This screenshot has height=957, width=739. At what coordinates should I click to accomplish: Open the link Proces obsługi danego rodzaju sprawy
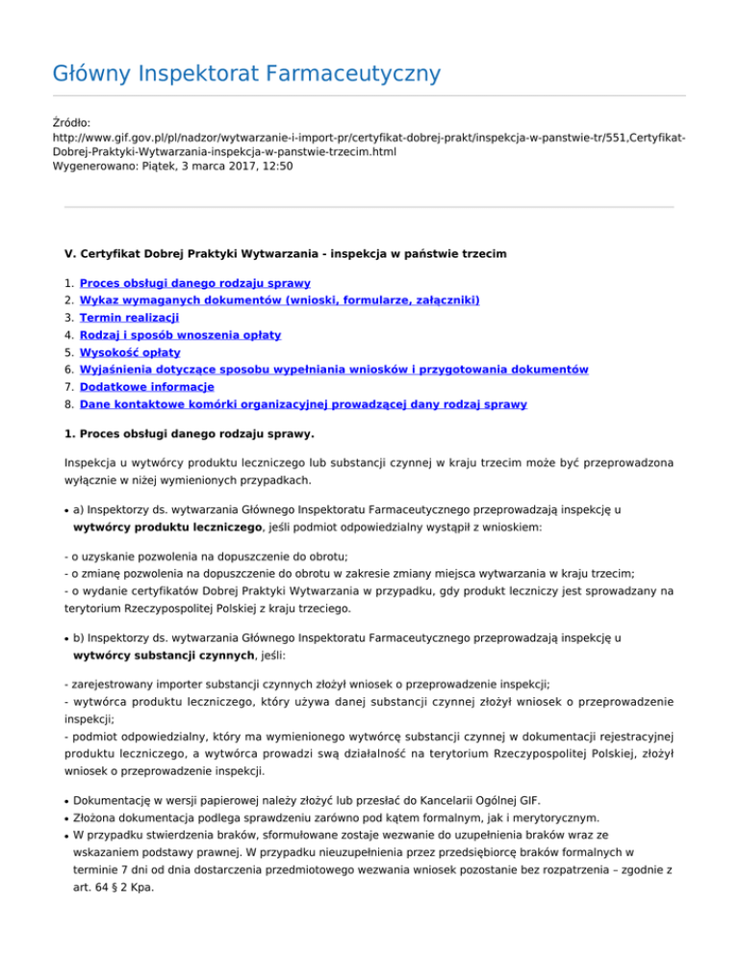click(x=194, y=283)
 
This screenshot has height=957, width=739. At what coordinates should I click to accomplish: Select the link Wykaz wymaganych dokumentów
click(x=279, y=300)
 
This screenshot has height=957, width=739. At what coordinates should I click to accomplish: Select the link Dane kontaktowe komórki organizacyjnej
click(x=303, y=403)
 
